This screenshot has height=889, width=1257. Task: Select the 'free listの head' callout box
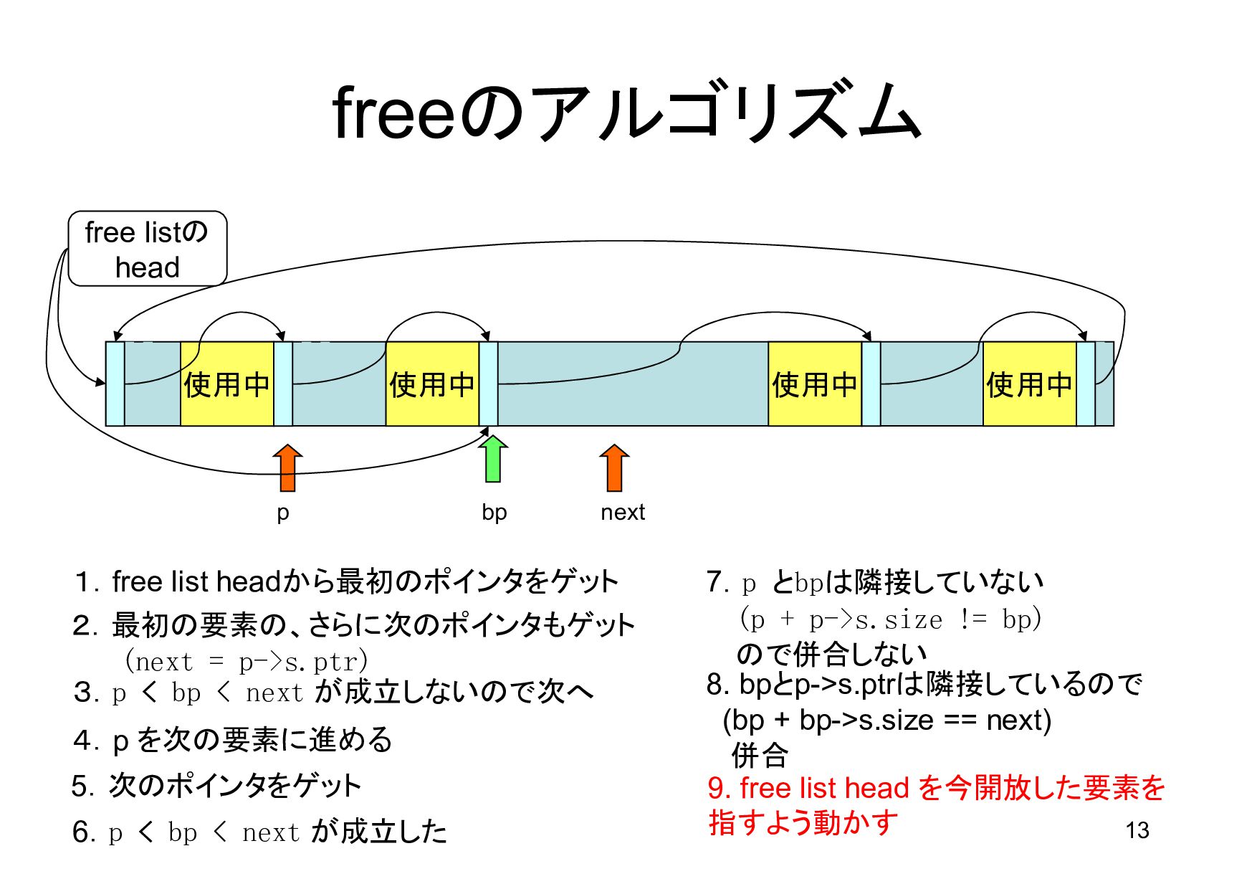click(148, 249)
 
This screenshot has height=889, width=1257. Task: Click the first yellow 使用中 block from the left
click(226, 384)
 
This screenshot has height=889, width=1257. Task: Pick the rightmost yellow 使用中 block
click(1029, 384)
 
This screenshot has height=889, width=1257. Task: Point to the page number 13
click(1137, 830)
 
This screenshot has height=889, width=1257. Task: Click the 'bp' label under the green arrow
click(494, 512)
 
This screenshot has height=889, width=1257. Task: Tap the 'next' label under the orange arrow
click(623, 512)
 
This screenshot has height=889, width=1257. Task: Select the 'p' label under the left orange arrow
click(283, 513)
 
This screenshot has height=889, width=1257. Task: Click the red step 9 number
click(719, 788)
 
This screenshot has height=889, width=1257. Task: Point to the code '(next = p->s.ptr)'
click(246, 661)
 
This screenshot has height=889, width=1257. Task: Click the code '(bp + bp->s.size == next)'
click(887, 720)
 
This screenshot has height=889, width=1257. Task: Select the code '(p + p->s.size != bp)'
click(890, 619)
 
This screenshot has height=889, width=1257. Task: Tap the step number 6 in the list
click(83, 832)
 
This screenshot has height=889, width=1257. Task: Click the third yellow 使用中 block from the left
click(815, 384)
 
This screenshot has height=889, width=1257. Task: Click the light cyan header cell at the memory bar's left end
click(115, 384)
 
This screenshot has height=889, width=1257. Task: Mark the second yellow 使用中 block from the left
click(432, 384)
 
